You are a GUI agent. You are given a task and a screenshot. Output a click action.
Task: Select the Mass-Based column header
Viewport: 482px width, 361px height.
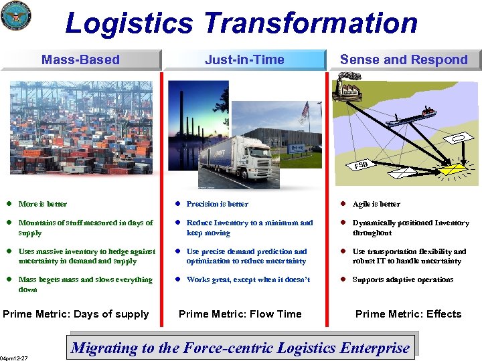click(80, 59)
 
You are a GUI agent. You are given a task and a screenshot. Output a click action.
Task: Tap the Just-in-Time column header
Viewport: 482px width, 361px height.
click(244, 59)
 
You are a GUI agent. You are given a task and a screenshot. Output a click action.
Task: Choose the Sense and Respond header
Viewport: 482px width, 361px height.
click(404, 59)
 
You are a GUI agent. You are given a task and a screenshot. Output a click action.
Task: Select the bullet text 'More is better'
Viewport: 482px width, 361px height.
click(43, 204)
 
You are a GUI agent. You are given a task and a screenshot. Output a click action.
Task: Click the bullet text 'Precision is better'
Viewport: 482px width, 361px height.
click(217, 204)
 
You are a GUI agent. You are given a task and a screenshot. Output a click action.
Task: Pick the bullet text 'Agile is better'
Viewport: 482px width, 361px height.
click(376, 204)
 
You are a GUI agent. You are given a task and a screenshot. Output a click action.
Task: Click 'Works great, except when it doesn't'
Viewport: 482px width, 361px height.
click(248, 279)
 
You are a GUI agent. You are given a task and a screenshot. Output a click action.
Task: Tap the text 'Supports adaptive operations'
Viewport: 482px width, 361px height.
click(403, 279)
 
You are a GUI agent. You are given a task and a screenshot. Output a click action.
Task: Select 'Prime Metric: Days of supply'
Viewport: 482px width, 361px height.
click(76, 314)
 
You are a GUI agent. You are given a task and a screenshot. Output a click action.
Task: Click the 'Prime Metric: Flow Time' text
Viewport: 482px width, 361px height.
click(240, 314)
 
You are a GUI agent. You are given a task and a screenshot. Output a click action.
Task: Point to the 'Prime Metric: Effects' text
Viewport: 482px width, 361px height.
click(408, 314)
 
